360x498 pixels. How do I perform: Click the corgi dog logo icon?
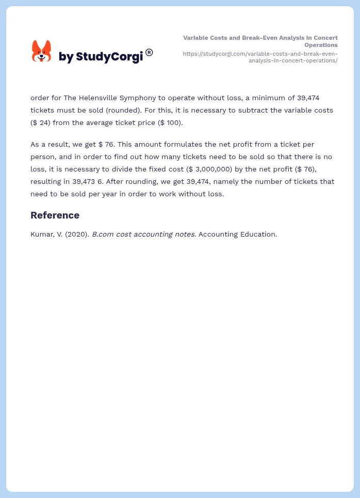[x=41, y=51]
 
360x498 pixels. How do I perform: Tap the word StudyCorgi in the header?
[x=109, y=57]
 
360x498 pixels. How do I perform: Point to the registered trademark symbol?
[x=149, y=52]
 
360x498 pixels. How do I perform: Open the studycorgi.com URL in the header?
[x=260, y=57]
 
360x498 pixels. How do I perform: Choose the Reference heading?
[x=55, y=215]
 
